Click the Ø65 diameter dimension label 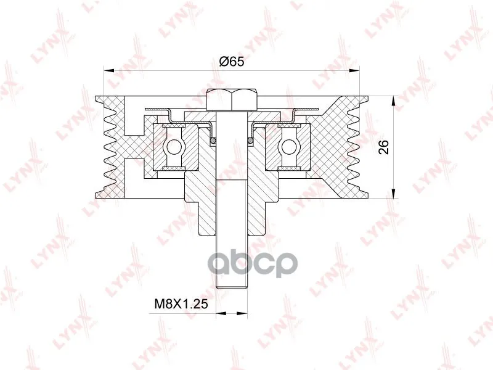tap(232, 62)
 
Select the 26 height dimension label tap(383, 147)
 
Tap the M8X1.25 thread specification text tap(181, 303)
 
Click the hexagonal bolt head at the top tap(232, 100)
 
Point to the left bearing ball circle tap(173, 147)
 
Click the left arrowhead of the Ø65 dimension tap(108, 71)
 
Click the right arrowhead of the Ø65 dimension tap(354, 71)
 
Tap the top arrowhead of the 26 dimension tap(393, 102)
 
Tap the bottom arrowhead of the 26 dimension tap(393, 193)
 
